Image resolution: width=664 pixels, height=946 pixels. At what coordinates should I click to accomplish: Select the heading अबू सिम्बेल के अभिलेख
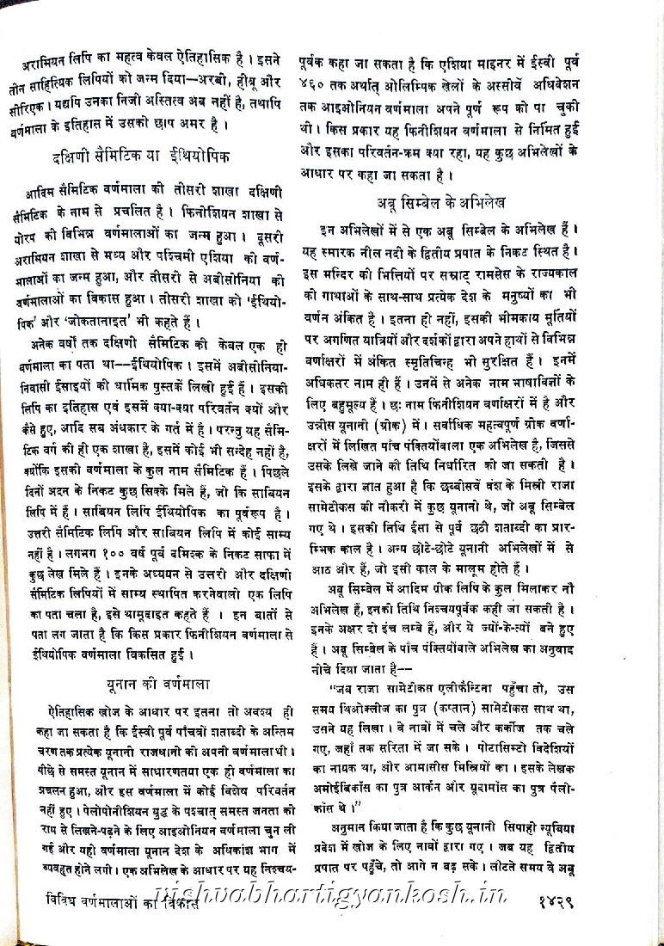[x=440, y=204]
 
